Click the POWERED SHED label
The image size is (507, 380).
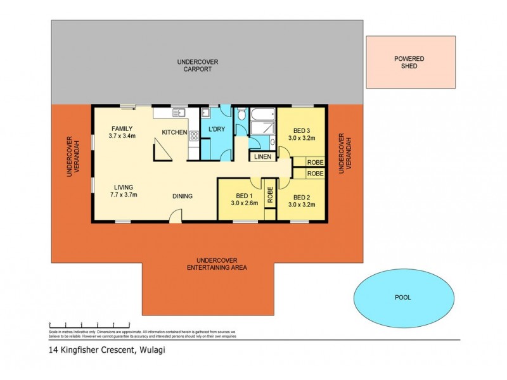click(x=409, y=62)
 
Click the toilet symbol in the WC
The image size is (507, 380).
click(x=241, y=117)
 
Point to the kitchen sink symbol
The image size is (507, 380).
click(x=178, y=113)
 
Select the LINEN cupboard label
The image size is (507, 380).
click(x=262, y=156)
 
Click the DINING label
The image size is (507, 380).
click(x=182, y=196)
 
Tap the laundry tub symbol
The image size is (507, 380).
click(x=205, y=114)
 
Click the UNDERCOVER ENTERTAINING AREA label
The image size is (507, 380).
click(x=217, y=264)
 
